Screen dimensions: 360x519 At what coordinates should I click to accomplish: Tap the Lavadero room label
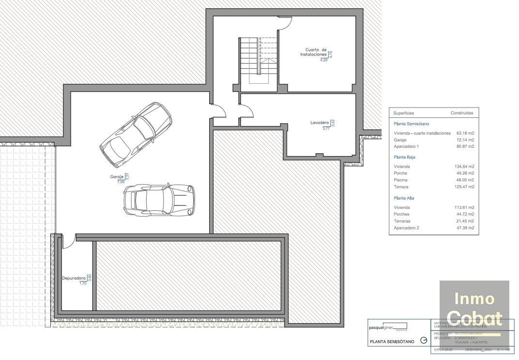(320, 123)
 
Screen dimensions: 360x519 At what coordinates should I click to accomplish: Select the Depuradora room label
(74, 278)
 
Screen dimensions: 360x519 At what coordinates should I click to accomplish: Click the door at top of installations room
(285, 22)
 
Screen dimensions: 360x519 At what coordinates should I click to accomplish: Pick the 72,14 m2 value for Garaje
(464, 140)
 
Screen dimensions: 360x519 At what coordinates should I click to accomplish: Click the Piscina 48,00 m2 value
(464, 180)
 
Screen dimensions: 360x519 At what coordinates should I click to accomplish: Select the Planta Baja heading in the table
(404, 157)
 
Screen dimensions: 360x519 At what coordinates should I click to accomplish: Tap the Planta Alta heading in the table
(404, 198)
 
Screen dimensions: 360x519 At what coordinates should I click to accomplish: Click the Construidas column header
(461, 113)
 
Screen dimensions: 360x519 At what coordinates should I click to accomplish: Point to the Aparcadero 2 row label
(406, 228)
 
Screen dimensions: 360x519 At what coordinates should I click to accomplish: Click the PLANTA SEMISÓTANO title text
(392, 342)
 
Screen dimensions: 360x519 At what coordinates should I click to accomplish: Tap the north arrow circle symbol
(424, 341)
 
